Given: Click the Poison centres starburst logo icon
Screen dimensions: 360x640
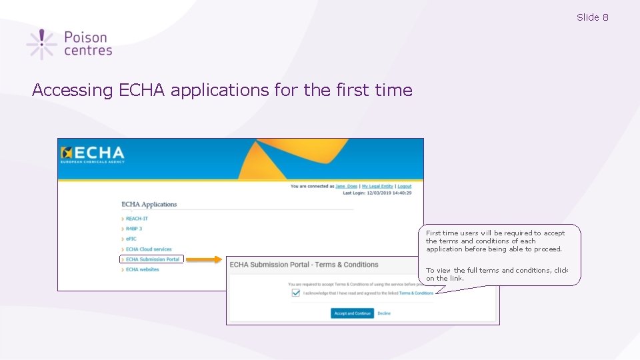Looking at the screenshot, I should pyautogui.click(x=41, y=44).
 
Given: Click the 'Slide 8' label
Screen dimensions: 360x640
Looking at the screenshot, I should pyautogui.click(x=592, y=17).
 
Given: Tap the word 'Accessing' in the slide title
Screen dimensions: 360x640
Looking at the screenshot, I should pyautogui.click(x=73, y=90).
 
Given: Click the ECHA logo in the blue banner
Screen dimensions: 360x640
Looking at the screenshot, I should pyautogui.click(x=93, y=155).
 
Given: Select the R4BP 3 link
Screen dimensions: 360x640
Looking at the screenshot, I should pyautogui.click(x=134, y=229).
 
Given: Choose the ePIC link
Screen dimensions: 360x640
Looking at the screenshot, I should pyautogui.click(x=131, y=239).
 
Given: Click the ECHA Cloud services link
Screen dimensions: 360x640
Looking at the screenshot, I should pyautogui.click(x=149, y=249).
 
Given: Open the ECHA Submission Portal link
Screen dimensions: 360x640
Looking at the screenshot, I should pyautogui.click(x=153, y=259).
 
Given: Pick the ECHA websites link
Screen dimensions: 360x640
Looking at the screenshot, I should pyautogui.click(x=143, y=269).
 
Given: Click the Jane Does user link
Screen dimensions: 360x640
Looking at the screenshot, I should pyautogui.click(x=346, y=187).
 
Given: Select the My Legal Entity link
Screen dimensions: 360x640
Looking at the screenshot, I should pyautogui.click(x=377, y=187).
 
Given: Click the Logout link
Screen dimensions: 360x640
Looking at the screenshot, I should pyautogui.click(x=404, y=187).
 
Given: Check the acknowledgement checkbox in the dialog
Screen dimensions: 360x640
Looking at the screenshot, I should pyautogui.click(x=296, y=293).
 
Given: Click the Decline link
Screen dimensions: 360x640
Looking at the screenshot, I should pyautogui.click(x=384, y=313).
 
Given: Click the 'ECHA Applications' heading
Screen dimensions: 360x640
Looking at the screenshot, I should pyautogui.click(x=149, y=204).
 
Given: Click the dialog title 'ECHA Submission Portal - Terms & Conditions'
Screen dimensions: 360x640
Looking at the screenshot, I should pyautogui.click(x=304, y=265).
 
